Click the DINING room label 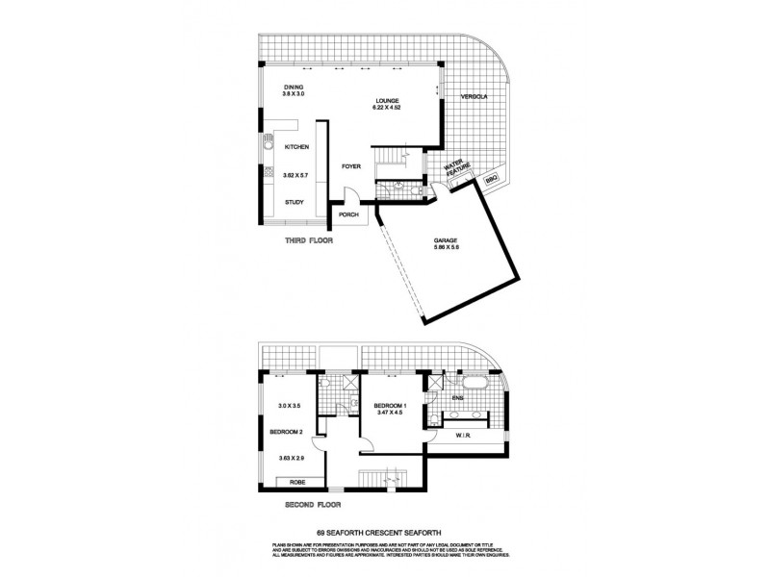[293, 87]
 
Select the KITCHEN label [295, 147]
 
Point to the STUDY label [295, 202]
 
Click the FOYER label [350, 166]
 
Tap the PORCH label [349, 214]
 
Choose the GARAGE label [446, 240]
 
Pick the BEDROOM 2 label [287, 432]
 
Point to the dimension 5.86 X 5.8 [446, 250]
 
